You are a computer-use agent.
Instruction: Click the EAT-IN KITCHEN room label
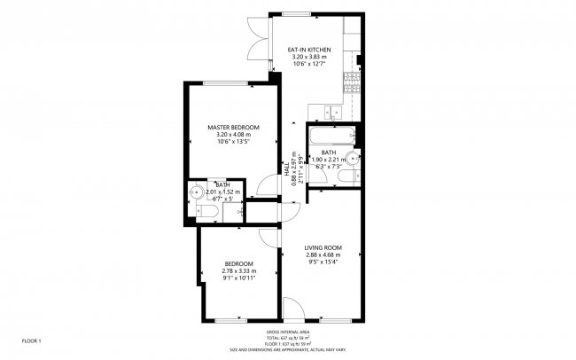(309, 50)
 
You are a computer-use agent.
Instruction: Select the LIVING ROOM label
(323, 247)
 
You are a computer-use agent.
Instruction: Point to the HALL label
(286, 167)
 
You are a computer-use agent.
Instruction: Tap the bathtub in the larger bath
(332, 137)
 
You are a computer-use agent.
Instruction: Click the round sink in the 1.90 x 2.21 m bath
(354, 160)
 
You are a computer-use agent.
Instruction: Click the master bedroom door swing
(263, 186)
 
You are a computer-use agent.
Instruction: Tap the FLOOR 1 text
(32, 340)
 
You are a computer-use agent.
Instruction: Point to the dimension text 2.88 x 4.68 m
(323, 254)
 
